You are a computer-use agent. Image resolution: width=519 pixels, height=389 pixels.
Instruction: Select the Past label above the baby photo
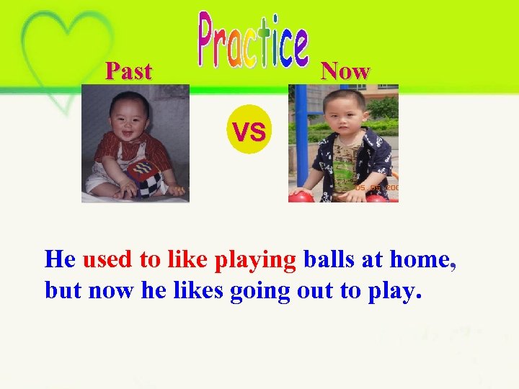(x=128, y=71)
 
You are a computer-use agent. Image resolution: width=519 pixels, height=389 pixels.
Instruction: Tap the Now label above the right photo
(x=345, y=71)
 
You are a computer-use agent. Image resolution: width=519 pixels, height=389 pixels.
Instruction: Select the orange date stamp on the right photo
(x=376, y=187)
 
